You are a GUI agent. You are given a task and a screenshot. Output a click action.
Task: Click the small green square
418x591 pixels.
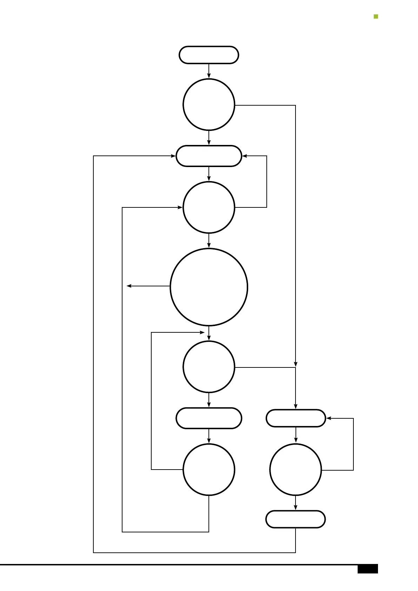point(376,16)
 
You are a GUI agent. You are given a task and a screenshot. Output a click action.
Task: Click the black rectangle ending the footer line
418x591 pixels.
point(367,569)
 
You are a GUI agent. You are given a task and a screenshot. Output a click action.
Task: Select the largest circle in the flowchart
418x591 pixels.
point(209,287)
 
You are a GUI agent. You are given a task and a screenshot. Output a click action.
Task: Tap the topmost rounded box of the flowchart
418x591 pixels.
point(209,55)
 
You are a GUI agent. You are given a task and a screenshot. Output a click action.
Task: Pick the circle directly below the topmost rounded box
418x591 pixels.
point(209,105)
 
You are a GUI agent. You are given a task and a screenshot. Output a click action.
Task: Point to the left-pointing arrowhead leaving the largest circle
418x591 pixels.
point(129,286)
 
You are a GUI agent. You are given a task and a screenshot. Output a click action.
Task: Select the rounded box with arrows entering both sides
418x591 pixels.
point(209,156)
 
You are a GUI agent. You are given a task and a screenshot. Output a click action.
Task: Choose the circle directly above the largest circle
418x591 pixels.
point(209,207)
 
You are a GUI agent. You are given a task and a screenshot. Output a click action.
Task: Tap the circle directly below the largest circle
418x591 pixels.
point(209,367)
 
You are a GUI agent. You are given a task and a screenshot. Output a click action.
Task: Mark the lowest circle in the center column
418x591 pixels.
point(209,470)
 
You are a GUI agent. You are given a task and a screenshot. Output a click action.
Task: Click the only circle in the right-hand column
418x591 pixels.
point(296,470)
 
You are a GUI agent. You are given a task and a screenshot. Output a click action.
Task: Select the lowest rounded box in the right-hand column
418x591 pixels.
point(296,519)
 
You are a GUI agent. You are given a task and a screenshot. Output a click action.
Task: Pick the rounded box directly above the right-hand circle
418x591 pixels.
point(296,418)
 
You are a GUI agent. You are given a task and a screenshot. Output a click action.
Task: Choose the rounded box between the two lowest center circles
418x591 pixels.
point(209,418)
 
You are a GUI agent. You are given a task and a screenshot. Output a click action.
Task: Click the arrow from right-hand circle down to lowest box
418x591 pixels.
point(296,503)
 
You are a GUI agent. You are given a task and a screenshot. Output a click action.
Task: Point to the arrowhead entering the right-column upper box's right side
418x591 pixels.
point(329,418)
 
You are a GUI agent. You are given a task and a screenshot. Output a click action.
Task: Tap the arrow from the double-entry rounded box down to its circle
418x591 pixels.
point(209,174)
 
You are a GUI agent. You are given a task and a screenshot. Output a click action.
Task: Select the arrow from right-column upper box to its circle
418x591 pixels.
point(296,435)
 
